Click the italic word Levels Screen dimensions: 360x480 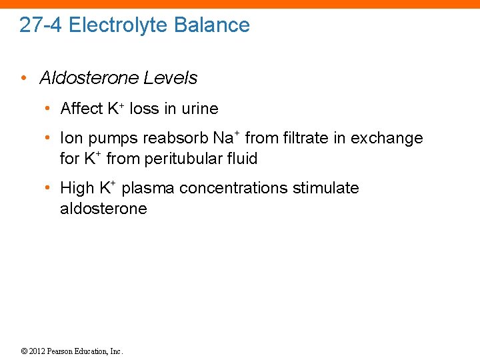click(171, 78)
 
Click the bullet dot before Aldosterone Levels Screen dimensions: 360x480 click(23, 78)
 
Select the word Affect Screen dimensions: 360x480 click(81, 108)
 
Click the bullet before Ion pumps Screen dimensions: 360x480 click(48, 138)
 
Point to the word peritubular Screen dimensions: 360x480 click(183, 159)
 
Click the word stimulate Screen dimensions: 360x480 click(325, 188)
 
